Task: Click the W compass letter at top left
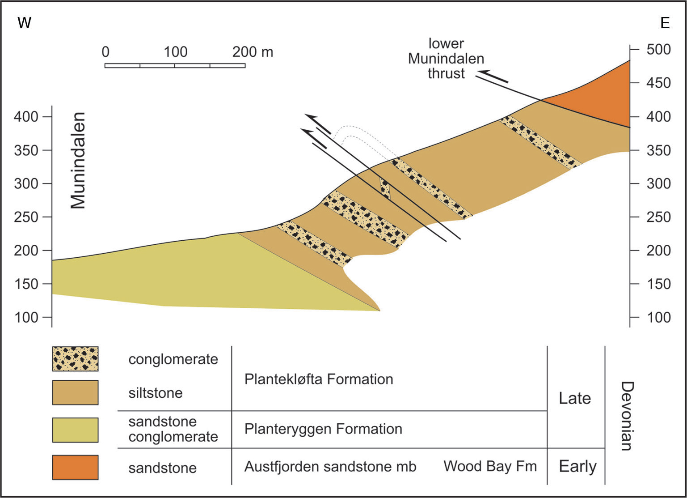(24, 23)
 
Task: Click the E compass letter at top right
(665, 23)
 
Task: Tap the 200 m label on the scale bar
(253, 52)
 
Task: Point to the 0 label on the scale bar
(105, 52)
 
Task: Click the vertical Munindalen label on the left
(78, 161)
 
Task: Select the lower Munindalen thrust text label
(446, 59)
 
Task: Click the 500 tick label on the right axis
(658, 49)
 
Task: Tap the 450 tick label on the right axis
(658, 83)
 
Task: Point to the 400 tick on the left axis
(26, 117)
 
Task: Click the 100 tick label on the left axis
(26, 317)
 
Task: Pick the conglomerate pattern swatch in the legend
(75, 358)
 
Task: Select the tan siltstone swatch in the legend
(75, 392)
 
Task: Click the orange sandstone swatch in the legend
(75, 467)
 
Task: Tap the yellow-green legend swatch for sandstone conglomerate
(75, 430)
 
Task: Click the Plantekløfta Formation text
(319, 379)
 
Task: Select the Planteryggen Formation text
(323, 429)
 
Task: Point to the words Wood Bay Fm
(490, 466)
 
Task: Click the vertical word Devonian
(627, 416)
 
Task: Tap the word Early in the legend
(577, 466)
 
